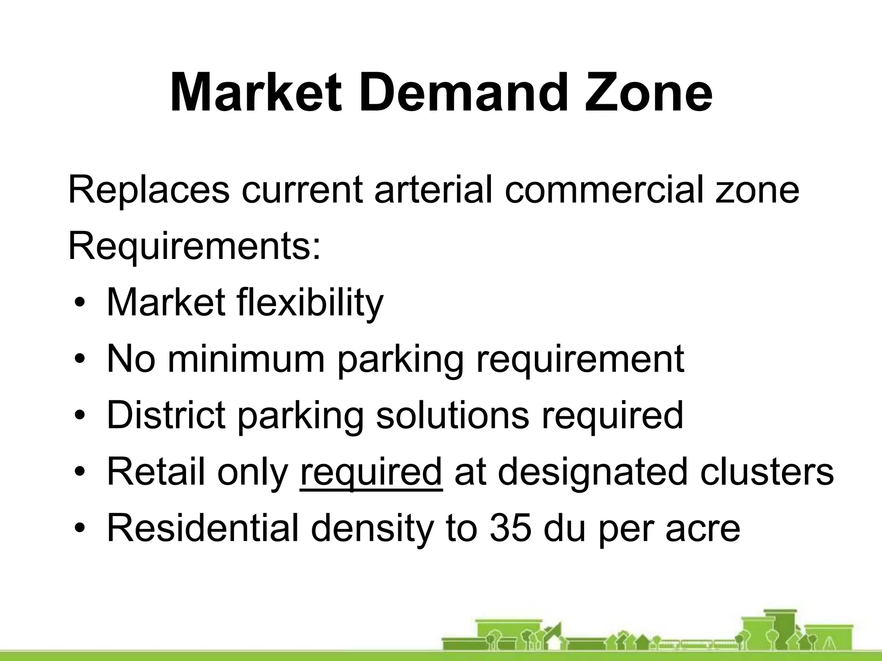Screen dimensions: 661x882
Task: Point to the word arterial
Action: click(433, 189)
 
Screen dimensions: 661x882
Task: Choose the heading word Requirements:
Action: click(195, 246)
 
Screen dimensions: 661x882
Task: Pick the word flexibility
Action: click(309, 303)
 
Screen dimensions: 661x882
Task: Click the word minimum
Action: click(245, 359)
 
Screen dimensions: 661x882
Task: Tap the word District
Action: click(166, 415)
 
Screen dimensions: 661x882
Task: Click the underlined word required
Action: click(371, 472)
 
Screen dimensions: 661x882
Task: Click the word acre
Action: click(703, 528)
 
